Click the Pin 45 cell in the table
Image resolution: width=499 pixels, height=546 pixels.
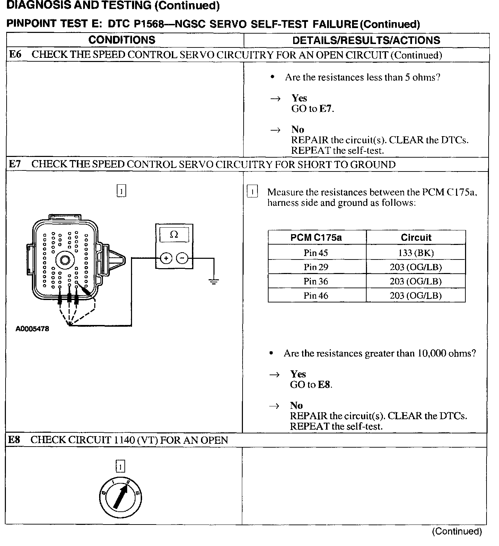316,253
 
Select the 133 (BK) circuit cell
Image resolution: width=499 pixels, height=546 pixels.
416,253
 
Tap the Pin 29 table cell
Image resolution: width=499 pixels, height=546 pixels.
316,267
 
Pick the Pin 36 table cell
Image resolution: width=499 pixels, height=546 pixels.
316,281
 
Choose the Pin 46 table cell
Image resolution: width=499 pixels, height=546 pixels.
316,296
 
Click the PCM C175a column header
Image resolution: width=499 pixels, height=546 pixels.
316,238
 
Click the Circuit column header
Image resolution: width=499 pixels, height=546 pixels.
416,238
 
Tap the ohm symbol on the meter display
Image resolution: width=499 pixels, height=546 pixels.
174,235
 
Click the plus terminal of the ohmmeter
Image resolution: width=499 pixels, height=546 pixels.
166,258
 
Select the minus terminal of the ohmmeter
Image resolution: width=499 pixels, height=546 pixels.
182,258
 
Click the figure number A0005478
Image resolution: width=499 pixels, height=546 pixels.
32,329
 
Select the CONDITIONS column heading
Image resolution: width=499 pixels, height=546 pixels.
122,40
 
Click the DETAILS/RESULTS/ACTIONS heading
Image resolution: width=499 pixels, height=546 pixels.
366,40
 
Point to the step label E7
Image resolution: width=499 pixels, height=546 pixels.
15,164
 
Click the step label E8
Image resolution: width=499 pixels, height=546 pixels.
14,440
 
